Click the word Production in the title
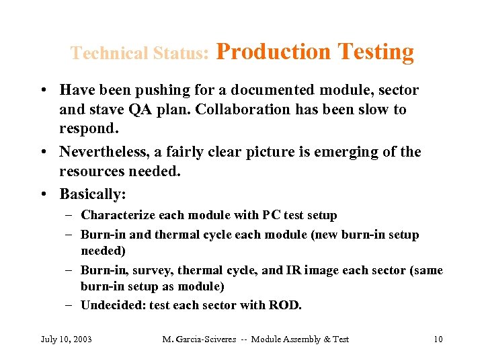click(x=274, y=52)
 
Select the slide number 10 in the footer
click(x=438, y=339)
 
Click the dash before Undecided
click(x=70, y=305)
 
